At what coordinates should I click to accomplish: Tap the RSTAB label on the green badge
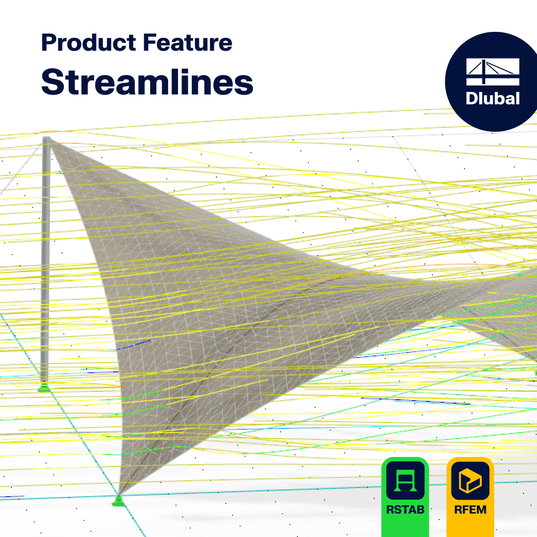click(x=405, y=510)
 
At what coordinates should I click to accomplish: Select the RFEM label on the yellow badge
click(x=470, y=510)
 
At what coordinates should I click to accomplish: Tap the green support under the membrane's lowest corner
click(x=118, y=501)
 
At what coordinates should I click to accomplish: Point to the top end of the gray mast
click(x=46, y=139)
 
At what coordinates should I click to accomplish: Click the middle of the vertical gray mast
click(x=45, y=259)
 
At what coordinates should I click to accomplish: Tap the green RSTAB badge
click(x=405, y=497)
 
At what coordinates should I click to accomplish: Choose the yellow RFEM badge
click(x=470, y=497)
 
